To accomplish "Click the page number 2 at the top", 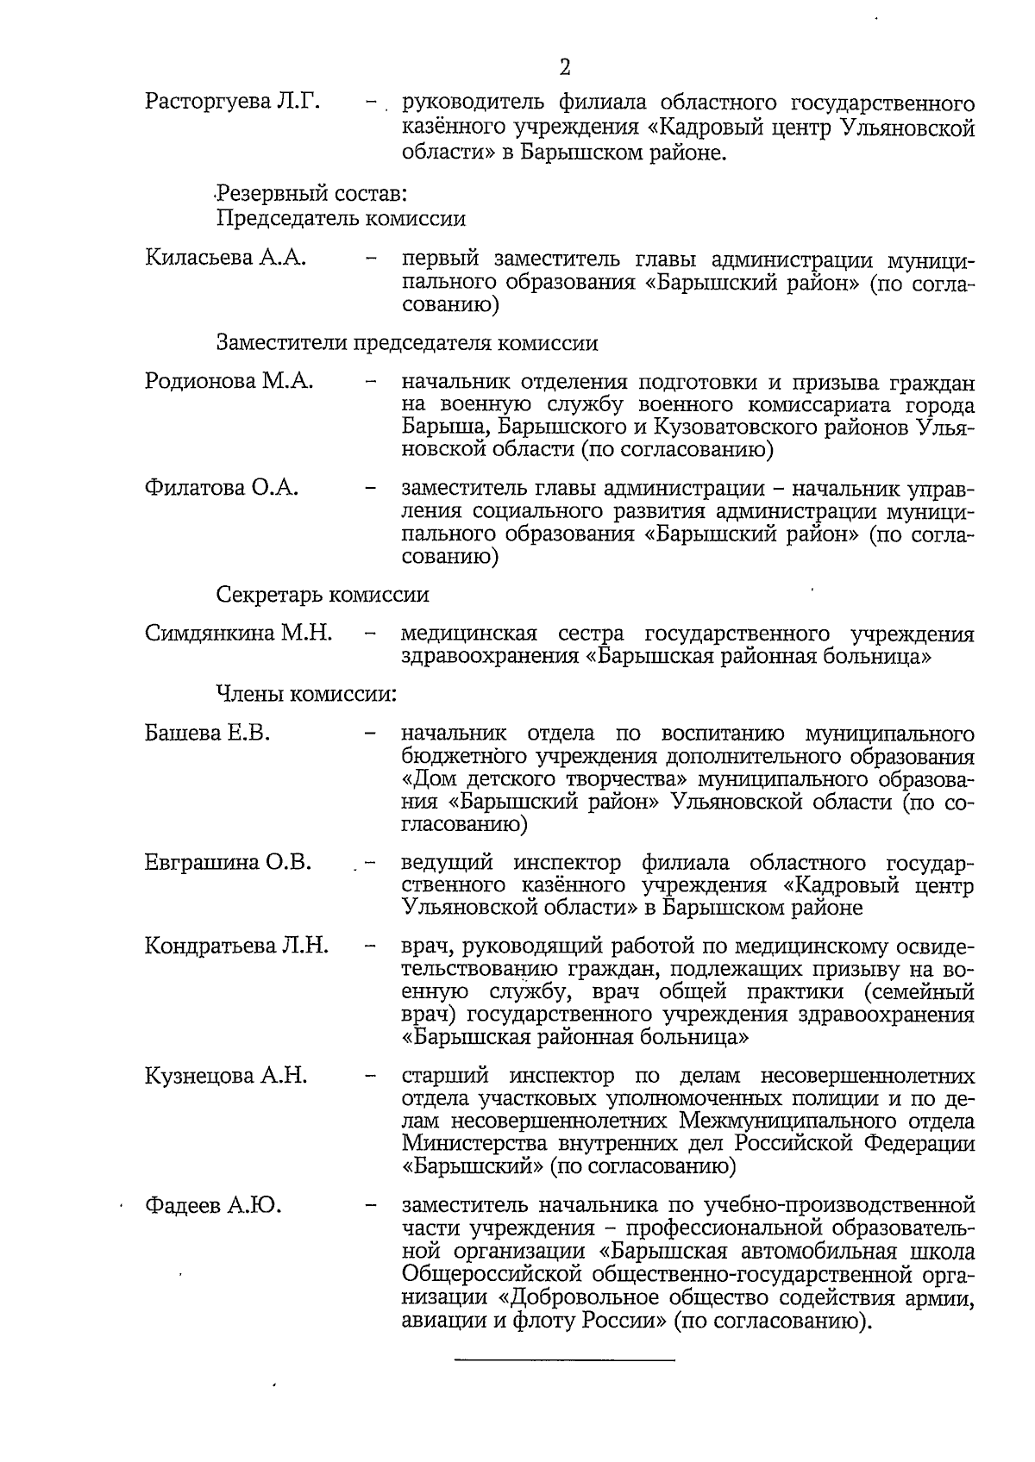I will tap(566, 67).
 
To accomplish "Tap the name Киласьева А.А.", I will tap(226, 258).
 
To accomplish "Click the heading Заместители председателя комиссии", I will tap(407, 343).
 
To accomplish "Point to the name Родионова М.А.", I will tap(229, 381).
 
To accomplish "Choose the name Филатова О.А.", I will tap(222, 488).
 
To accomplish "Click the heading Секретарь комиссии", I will tap(323, 595).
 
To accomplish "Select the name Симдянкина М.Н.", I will tap(239, 634).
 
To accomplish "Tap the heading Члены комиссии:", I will tap(306, 695).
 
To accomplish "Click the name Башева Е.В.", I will tap(208, 734).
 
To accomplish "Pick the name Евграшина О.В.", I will tap(229, 862).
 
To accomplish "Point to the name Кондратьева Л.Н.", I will tap(237, 946).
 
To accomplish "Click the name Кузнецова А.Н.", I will tap(226, 1076).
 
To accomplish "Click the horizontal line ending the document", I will tap(564, 1361).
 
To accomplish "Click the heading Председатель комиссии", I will tap(341, 218).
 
